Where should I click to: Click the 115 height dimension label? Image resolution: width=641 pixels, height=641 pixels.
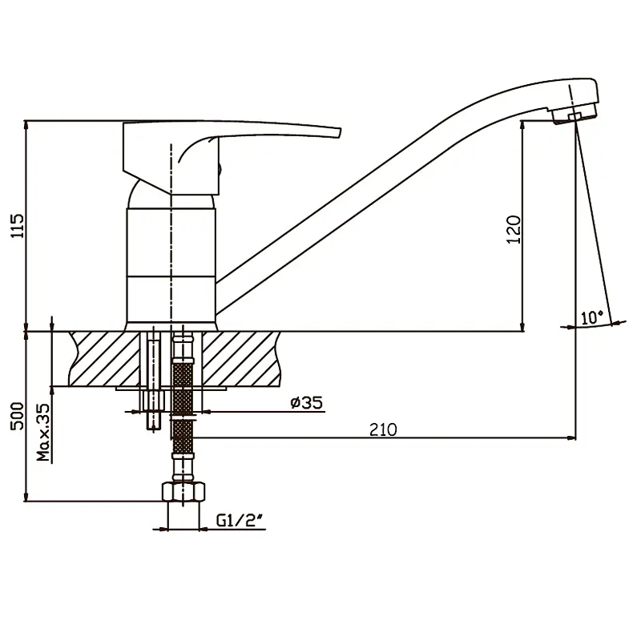coord(18,226)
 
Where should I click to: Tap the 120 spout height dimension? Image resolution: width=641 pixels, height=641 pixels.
coord(514,230)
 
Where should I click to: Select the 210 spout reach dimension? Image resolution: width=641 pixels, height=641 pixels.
coord(383,429)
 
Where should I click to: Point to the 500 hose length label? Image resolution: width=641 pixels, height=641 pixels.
coord(17,416)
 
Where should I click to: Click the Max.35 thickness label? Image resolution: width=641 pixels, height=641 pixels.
coord(43,433)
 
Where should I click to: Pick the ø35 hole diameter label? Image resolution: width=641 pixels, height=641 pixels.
coord(307,403)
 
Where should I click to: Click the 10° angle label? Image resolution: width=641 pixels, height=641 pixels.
coord(592,317)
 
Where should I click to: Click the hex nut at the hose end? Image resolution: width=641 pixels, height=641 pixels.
coord(183,492)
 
